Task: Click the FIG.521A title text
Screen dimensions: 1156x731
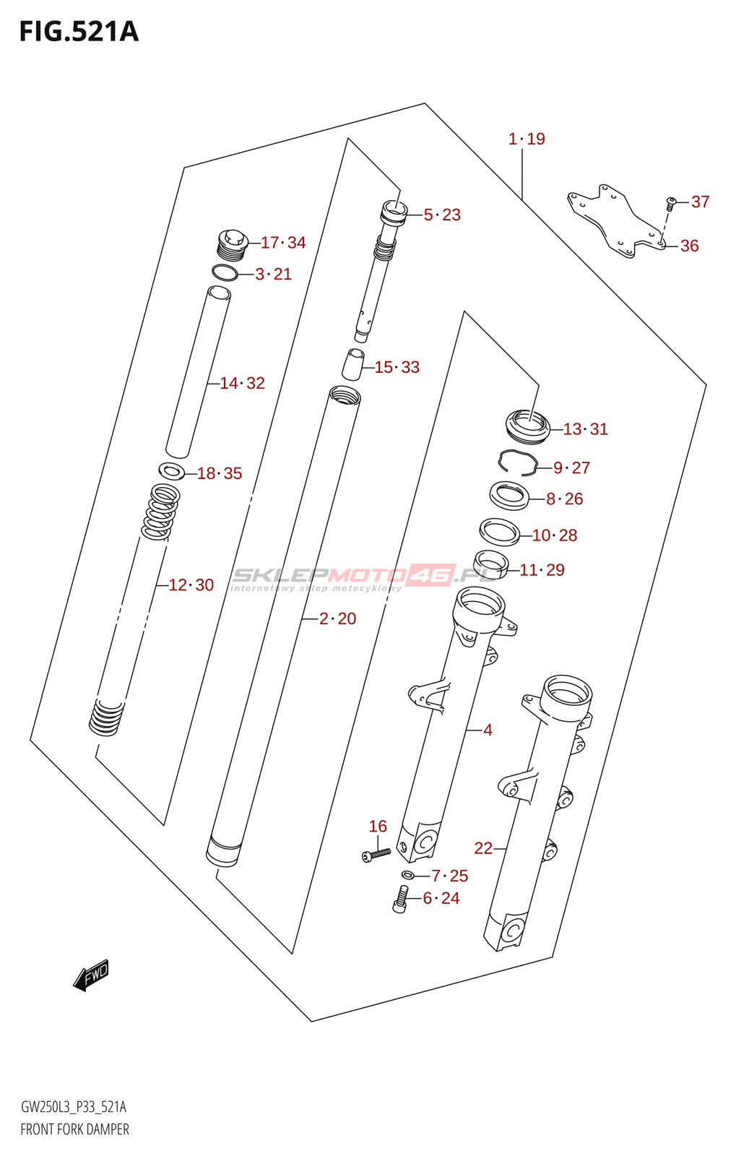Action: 79,32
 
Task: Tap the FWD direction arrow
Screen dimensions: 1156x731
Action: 91,975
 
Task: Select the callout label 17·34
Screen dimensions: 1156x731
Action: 283,243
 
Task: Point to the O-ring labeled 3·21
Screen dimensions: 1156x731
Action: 225,273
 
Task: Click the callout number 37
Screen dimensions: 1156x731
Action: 700,202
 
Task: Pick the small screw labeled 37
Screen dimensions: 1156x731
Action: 670,203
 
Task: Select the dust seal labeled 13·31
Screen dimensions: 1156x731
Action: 527,426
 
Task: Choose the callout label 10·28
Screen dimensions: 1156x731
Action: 555,535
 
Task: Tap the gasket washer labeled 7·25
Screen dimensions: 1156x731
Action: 408,876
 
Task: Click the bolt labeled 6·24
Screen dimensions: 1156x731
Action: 400,900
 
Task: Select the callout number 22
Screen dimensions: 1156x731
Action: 483,848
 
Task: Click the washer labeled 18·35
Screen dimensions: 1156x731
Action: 171,472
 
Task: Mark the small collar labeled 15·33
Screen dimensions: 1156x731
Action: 352,364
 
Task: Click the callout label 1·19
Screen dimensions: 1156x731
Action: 527,139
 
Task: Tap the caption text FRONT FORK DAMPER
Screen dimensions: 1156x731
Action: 74,1129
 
